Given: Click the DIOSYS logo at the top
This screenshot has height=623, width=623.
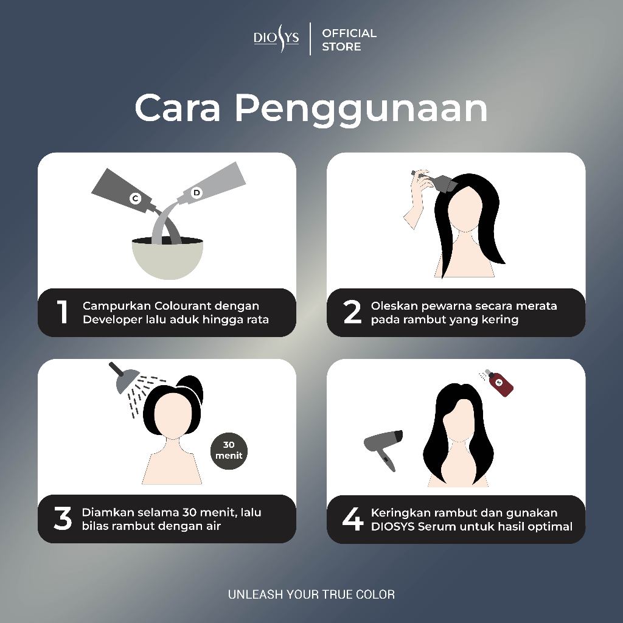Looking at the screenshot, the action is point(276,38).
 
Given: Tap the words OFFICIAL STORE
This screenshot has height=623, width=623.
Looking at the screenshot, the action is point(349,40).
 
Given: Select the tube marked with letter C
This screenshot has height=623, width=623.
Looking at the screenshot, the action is point(127,192).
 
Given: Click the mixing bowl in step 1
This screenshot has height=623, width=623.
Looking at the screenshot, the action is point(167,257).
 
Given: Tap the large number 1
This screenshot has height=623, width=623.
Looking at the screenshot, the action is point(63,312).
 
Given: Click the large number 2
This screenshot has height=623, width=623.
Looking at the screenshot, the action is point(352,312).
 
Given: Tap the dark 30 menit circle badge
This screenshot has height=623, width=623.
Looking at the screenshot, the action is point(229,451).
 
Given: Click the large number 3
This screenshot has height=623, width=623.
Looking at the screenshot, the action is point(63,518).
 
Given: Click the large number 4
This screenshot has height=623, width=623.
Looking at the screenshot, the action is point(353,519).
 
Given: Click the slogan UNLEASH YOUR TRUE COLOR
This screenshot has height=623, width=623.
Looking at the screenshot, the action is point(311,594).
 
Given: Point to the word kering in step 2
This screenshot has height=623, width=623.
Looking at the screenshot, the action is point(500,320).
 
